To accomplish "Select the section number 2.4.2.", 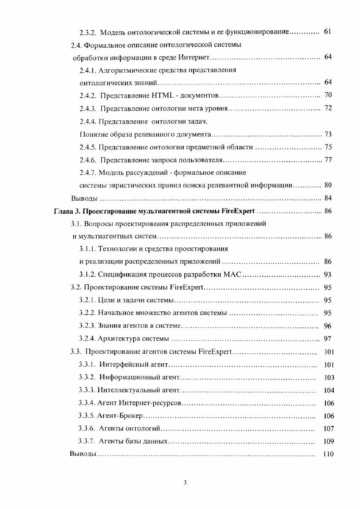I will click(x=88, y=95).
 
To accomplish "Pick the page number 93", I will click(x=328, y=274).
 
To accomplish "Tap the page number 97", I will click(x=328, y=338).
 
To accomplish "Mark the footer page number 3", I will click(x=185, y=482).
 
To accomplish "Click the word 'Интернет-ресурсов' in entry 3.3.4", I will click(x=156, y=403).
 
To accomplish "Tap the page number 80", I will click(x=329, y=185).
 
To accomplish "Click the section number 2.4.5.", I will click(x=88, y=147).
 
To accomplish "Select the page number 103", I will click(x=329, y=377).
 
